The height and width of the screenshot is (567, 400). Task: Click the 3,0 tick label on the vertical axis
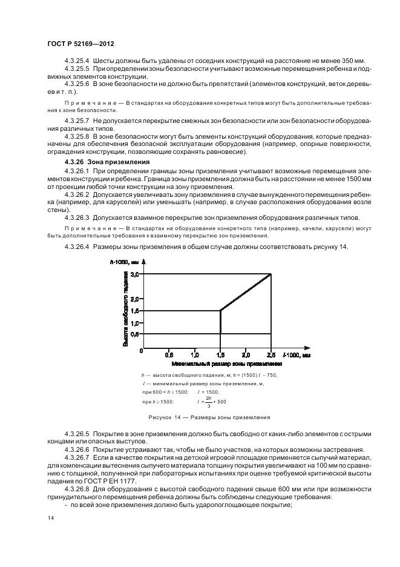pyautogui.click(x=134, y=274)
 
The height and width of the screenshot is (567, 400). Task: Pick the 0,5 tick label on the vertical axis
pyautogui.click(x=134, y=334)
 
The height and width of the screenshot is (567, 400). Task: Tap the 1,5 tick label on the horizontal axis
pyautogui.click(x=220, y=355)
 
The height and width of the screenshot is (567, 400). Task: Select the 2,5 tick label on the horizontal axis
pyautogui.click(x=270, y=355)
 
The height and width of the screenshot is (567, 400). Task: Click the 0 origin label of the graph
pyautogui.click(x=141, y=350)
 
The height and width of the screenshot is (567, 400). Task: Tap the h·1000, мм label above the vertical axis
pyautogui.click(x=125, y=262)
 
